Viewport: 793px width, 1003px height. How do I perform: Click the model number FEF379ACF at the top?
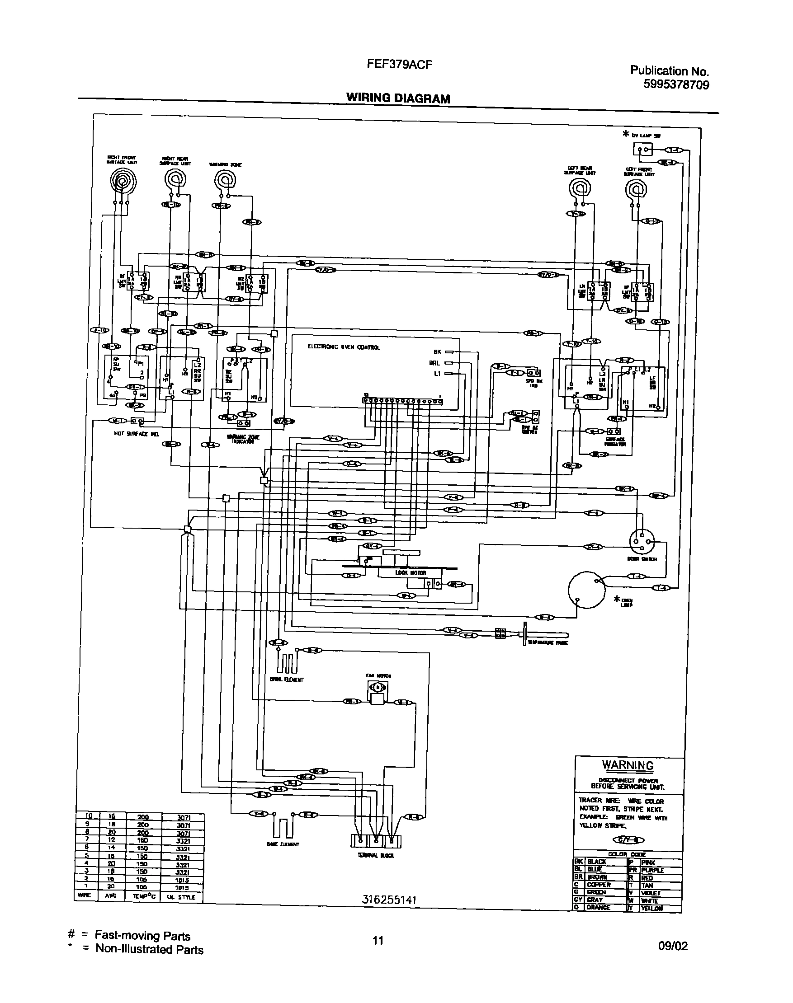399,65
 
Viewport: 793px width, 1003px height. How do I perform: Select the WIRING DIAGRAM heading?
398,98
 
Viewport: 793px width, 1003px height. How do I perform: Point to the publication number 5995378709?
676,85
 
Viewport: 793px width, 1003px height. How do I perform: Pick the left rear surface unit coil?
580,188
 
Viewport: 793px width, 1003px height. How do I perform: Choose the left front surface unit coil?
636,188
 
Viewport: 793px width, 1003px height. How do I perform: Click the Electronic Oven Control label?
343,347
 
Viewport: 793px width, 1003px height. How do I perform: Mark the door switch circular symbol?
642,541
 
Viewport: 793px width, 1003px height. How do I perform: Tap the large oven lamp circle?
586,590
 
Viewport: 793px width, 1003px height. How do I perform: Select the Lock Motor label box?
409,573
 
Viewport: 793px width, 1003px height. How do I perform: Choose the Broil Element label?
286,680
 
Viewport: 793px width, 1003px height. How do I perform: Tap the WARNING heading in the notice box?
628,765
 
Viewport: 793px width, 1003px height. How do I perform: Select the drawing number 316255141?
389,900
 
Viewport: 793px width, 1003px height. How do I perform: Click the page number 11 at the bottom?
378,940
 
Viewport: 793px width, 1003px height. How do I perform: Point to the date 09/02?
673,946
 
